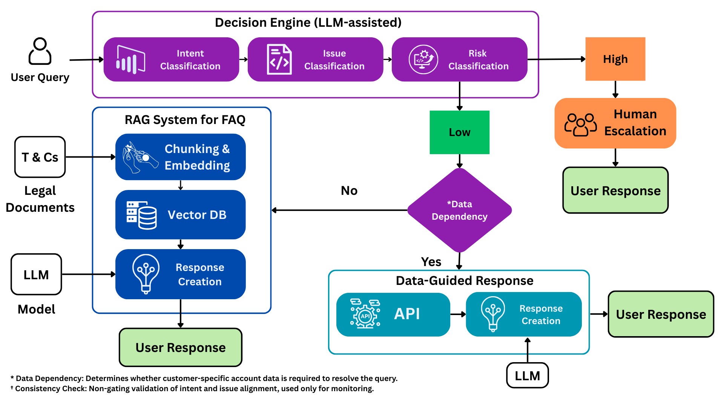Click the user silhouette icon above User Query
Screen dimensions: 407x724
(x=40, y=51)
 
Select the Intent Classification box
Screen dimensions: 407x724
(x=171, y=60)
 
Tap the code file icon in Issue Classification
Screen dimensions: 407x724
(x=279, y=60)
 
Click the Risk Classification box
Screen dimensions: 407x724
(x=459, y=60)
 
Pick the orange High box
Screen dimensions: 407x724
(x=615, y=59)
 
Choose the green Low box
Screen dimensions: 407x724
(x=459, y=132)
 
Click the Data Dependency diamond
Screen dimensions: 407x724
(x=459, y=210)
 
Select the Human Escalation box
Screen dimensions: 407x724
(x=615, y=123)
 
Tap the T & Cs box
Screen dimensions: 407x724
(x=40, y=157)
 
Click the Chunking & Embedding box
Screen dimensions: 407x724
(x=180, y=157)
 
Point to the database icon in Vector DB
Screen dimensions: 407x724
(x=141, y=215)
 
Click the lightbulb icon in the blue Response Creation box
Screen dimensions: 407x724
(x=146, y=274)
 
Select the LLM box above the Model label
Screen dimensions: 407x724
(x=36, y=274)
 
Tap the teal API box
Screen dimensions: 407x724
(x=393, y=314)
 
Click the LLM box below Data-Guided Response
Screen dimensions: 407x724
(x=527, y=375)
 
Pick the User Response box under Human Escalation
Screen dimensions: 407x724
(x=615, y=191)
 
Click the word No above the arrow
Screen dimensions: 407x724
(x=349, y=191)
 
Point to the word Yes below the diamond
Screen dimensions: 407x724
(x=431, y=262)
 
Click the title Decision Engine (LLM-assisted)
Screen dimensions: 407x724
(x=308, y=23)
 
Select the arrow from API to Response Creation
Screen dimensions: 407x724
(x=458, y=314)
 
